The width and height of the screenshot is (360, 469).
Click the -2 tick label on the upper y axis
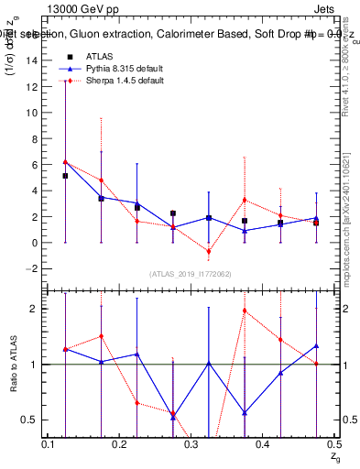tap(34, 269)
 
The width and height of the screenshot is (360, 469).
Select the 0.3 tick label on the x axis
tap(191, 443)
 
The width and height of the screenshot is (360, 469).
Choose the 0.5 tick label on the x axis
tap(333, 443)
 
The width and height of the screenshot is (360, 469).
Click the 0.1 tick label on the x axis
tap(48, 443)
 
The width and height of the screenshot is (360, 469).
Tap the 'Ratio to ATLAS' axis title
tap(12, 365)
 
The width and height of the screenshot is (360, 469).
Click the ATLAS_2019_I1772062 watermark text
tap(191, 274)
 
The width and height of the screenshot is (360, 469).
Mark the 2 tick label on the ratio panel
tap(35, 309)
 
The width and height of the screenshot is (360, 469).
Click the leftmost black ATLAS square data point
tap(65, 176)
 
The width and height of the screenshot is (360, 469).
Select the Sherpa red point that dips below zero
tap(209, 251)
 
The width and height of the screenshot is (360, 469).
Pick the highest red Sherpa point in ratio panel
tap(245, 311)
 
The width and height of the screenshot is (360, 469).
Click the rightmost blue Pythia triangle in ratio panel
tap(316, 346)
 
